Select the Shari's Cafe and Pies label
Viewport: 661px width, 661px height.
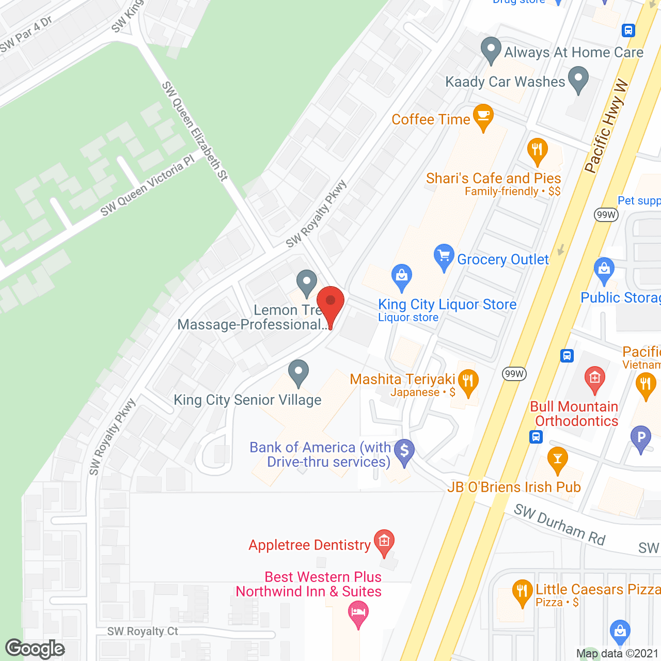click(x=493, y=179)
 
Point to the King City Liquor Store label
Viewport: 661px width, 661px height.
click(x=447, y=305)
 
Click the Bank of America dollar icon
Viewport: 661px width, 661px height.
click(x=404, y=451)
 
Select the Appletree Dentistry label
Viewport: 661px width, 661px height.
click(x=309, y=545)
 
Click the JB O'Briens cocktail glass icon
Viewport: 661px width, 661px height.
click(x=557, y=460)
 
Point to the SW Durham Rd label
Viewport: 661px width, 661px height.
click(x=559, y=525)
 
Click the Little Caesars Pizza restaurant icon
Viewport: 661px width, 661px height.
click(x=522, y=592)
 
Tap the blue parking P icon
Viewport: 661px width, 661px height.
click(x=641, y=438)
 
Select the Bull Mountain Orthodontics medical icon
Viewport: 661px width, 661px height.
click(x=595, y=379)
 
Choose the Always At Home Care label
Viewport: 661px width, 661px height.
click(x=574, y=53)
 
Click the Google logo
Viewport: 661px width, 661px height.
click(x=35, y=649)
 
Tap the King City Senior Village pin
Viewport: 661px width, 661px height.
click(x=298, y=372)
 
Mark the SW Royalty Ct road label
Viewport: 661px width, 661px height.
click(x=143, y=632)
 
